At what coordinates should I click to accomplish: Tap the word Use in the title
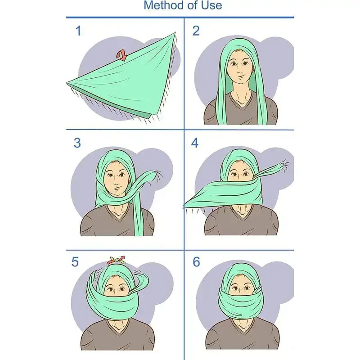(211, 5)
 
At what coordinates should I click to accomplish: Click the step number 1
(78, 31)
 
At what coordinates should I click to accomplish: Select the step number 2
(196, 31)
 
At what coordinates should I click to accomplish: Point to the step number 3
(77, 143)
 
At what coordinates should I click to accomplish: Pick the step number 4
(195, 143)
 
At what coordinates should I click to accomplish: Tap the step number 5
(75, 262)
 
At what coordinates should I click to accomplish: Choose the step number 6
(196, 262)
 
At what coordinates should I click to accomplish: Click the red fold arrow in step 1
(121, 55)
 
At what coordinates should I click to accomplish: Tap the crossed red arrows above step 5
(116, 260)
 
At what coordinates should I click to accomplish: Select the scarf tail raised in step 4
(270, 171)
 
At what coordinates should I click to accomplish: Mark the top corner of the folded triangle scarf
(175, 32)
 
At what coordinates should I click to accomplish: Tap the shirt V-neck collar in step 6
(243, 327)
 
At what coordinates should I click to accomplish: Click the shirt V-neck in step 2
(240, 101)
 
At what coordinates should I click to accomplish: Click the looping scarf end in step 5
(139, 283)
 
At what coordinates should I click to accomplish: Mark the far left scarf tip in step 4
(184, 206)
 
